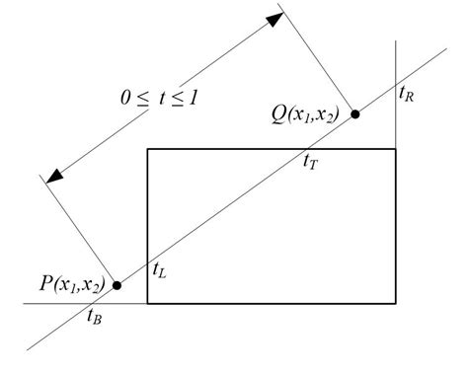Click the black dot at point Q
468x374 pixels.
(x=354, y=114)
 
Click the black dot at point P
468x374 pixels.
(x=117, y=285)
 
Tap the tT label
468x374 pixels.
(x=310, y=160)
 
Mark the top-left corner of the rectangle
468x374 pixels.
(x=147, y=149)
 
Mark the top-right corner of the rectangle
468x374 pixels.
(x=395, y=149)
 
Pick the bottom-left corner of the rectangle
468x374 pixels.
(x=147, y=304)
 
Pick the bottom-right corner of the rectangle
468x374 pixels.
(x=395, y=304)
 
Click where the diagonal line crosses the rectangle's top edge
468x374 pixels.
(x=306, y=149)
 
